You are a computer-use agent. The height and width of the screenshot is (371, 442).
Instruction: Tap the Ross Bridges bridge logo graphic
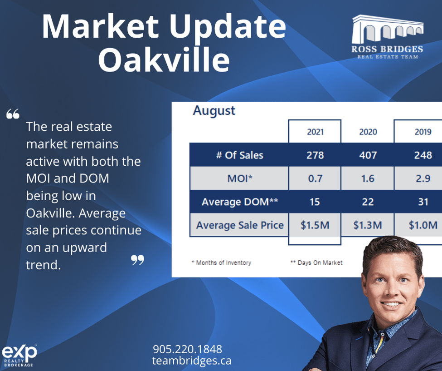pos(388,29)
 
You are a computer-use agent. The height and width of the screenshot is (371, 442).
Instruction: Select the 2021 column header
pos(315,132)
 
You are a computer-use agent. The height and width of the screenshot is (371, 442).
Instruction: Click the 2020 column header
pos(368,132)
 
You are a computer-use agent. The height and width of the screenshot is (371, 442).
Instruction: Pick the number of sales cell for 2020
pos(368,155)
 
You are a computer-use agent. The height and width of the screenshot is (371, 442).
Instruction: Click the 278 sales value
pos(315,155)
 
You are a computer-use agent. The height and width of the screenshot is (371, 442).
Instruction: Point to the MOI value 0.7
pos(315,178)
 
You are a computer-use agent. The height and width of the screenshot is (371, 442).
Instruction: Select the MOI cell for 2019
pos(423,178)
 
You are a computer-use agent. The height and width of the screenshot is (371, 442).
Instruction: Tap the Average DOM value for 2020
pos(368,202)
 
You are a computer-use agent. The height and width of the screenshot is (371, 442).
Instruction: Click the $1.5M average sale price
pos(315,225)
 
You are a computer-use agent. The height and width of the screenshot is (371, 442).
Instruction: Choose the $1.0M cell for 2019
pos(423,225)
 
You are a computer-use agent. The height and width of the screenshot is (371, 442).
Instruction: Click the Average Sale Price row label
pos(240,225)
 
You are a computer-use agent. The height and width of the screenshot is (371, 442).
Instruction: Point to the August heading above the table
pos(214,111)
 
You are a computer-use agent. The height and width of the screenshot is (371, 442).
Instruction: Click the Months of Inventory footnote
pos(221,262)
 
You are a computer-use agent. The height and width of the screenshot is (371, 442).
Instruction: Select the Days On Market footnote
pos(316,262)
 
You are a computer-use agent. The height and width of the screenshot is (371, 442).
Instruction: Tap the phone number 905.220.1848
pos(188,349)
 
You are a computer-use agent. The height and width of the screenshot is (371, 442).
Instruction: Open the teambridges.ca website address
pos(192,361)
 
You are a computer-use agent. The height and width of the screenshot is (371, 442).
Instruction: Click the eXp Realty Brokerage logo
pos(19,355)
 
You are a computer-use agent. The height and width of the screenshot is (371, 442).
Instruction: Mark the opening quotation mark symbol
pos(13,114)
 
